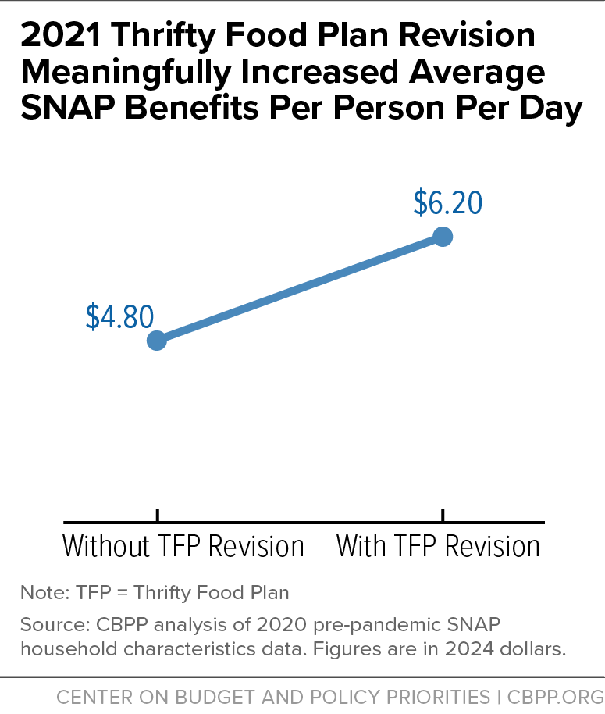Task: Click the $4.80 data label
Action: [x=119, y=316]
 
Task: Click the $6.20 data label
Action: [x=448, y=202]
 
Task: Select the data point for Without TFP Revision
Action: [x=157, y=340]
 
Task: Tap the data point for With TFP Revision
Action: [x=443, y=237]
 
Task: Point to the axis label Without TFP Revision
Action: [x=183, y=546]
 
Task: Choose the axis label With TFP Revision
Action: [x=438, y=546]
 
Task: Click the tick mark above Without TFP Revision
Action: [x=158, y=515]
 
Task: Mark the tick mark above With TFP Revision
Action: [x=443, y=515]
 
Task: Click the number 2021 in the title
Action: [x=61, y=35]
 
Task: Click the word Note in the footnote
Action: [x=44, y=592]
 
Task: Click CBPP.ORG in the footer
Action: [x=555, y=697]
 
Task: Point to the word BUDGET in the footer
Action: [x=216, y=697]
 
